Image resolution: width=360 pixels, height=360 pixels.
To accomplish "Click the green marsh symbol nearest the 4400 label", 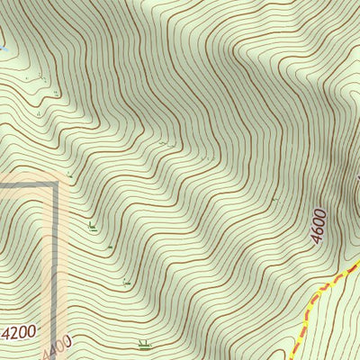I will (143, 343).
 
